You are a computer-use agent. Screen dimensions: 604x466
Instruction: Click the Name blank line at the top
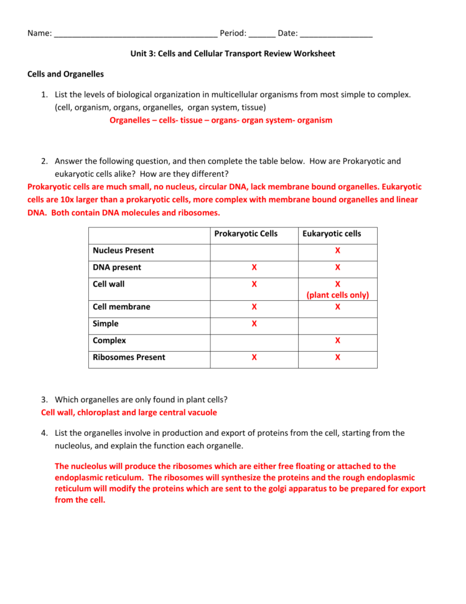tap(135, 34)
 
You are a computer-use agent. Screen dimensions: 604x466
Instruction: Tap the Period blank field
tap(262, 34)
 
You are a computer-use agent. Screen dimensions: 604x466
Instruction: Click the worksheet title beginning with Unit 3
tap(233, 54)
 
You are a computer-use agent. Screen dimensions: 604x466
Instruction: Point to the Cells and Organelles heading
tap(65, 74)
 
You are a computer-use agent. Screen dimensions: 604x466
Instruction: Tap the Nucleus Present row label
tap(123, 250)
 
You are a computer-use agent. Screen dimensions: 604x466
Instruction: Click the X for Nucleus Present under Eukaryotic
tap(338, 250)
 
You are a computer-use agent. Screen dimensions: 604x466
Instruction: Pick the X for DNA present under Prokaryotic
tap(254, 267)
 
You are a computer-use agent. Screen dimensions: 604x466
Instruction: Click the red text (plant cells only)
tap(338, 295)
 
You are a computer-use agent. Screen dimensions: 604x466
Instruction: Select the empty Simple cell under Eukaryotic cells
tap(338, 324)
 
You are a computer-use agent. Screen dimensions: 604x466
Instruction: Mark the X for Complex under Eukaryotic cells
tap(338, 341)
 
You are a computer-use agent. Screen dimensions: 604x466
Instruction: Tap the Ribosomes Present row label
tap(129, 357)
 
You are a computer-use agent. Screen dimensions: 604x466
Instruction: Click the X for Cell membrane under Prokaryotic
tap(254, 307)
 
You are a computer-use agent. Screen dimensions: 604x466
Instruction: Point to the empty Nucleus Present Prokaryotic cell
tap(254, 250)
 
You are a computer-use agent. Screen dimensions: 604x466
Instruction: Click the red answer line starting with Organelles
tap(221, 120)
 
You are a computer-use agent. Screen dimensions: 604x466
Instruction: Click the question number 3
tap(45, 399)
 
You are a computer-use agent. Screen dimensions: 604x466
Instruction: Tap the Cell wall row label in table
tap(109, 284)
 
